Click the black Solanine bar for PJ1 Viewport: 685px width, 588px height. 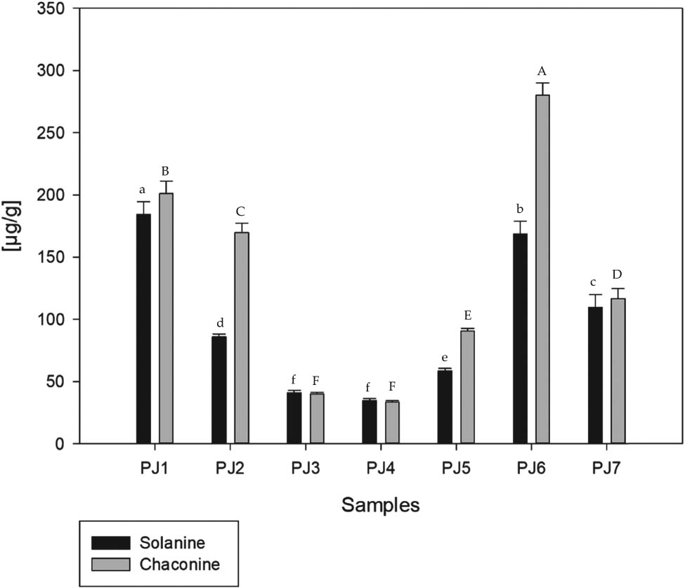pyautogui.click(x=143, y=329)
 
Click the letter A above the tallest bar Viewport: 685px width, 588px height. pyautogui.click(x=542, y=71)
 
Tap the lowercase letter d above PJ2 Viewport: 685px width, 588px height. pyautogui.click(x=219, y=323)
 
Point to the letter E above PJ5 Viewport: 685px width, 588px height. pyautogui.click(x=467, y=316)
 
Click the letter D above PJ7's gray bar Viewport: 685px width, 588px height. pyautogui.click(x=618, y=274)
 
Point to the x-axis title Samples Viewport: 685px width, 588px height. pyautogui.click(x=380, y=504)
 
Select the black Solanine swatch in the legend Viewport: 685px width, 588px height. pyautogui.click(x=112, y=543)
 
